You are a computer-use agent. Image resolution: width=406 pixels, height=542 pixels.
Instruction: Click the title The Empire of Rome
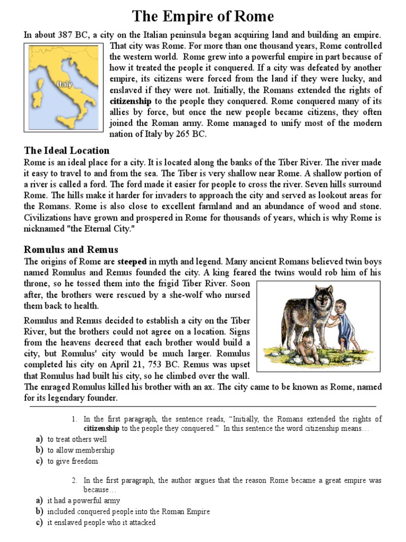(203, 16)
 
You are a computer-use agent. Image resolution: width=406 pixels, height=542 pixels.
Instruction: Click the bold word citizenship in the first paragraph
(131, 101)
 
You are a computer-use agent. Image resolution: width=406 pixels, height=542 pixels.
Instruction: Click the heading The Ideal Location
(67, 150)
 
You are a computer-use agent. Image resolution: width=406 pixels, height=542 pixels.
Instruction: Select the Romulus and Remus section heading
(71, 249)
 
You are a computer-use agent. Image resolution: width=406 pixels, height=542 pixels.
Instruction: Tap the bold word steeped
(132, 261)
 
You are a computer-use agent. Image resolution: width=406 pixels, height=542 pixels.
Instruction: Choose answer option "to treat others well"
(77, 439)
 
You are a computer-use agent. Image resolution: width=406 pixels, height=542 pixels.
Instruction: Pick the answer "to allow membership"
(81, 450)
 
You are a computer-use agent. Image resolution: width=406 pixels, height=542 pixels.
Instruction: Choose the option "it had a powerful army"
(84, 500)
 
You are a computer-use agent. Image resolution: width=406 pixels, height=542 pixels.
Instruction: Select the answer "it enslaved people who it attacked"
(101, 522)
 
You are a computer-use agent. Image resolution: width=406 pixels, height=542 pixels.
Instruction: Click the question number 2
(75, 480)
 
